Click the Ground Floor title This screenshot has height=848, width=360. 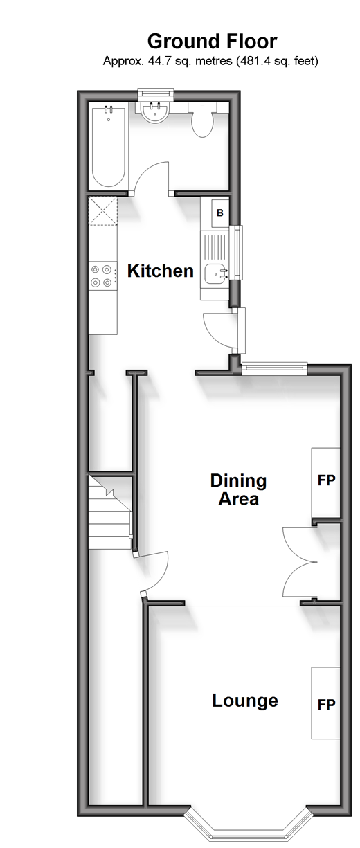click(x=212, y=42)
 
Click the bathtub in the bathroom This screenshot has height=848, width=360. click(x=108, y=147)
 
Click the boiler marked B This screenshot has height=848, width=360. click(x=220, y=213)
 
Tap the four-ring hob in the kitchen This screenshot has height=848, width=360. click(x=102, y=276)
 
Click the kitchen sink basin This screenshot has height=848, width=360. click(x=216, y=274)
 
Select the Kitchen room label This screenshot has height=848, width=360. click(x=160, y=271)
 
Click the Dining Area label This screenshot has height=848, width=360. click(x=238, y=490)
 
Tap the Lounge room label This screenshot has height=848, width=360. click(x=245, y=701)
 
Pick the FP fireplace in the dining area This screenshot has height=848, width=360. click(x=325, y=482)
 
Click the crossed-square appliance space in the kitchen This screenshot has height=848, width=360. click(x=103, y=211)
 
